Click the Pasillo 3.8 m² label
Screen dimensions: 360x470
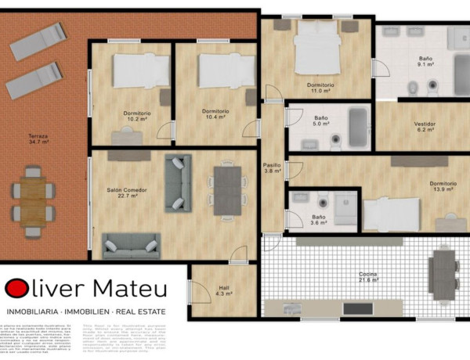tap(272, 168)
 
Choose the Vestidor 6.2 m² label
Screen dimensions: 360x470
tap(425, 128)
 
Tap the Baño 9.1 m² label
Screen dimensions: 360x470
tap(426, 62)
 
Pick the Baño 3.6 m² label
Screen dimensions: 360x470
tap(319, 221)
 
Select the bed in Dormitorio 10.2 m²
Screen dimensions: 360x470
tap(141, 70)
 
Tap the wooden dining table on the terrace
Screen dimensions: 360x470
tap(33, 200)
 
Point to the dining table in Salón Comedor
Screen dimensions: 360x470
tap(227, 191)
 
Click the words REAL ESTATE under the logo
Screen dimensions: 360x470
tap(140, 310)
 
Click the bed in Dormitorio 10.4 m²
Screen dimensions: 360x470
tap(226, 70)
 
